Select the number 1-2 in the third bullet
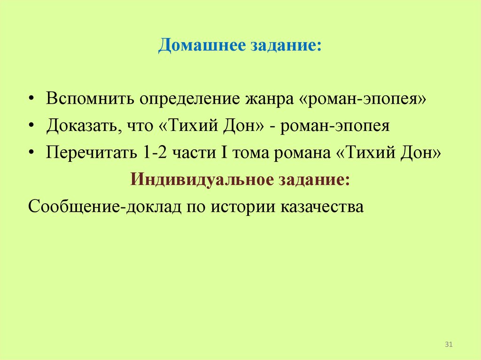point(153,153)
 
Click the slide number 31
point(448,345)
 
